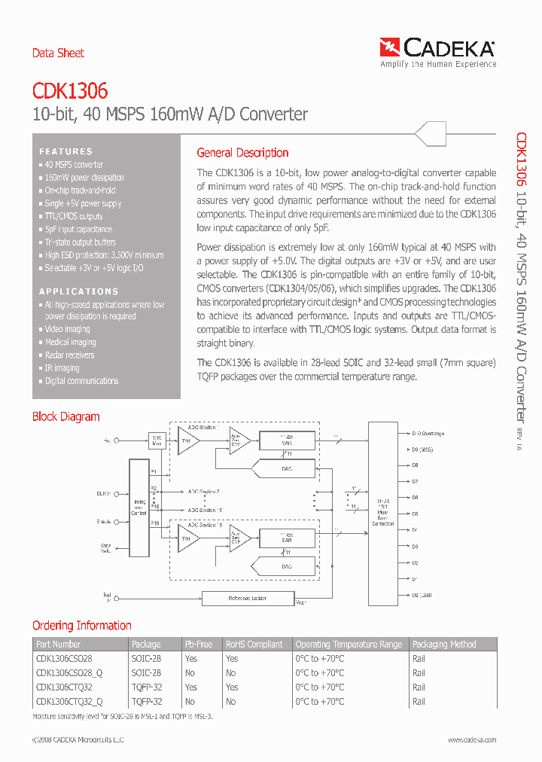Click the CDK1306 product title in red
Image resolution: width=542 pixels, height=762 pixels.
70,91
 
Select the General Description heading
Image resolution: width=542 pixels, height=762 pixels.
242,153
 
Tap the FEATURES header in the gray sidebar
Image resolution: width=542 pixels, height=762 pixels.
66,151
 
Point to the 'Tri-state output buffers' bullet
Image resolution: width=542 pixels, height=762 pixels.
80,242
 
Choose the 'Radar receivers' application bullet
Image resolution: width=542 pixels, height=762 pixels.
69,355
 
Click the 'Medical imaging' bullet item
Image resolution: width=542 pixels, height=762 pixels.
70,343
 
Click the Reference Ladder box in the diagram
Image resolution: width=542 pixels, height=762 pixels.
248,599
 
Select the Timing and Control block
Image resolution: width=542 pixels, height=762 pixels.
139,508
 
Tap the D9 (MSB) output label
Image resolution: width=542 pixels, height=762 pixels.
423,450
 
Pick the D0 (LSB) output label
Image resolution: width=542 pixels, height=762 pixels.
423,595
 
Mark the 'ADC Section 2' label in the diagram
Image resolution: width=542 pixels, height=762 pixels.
205,491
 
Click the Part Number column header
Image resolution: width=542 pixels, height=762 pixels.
59,645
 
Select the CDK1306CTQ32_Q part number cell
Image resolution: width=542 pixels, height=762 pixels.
69,702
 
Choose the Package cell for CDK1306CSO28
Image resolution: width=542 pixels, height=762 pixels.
146,659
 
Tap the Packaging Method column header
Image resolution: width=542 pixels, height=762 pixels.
444,645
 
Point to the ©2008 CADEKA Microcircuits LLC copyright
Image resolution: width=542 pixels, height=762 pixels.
78,740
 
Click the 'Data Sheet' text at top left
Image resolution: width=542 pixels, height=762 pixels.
58,53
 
